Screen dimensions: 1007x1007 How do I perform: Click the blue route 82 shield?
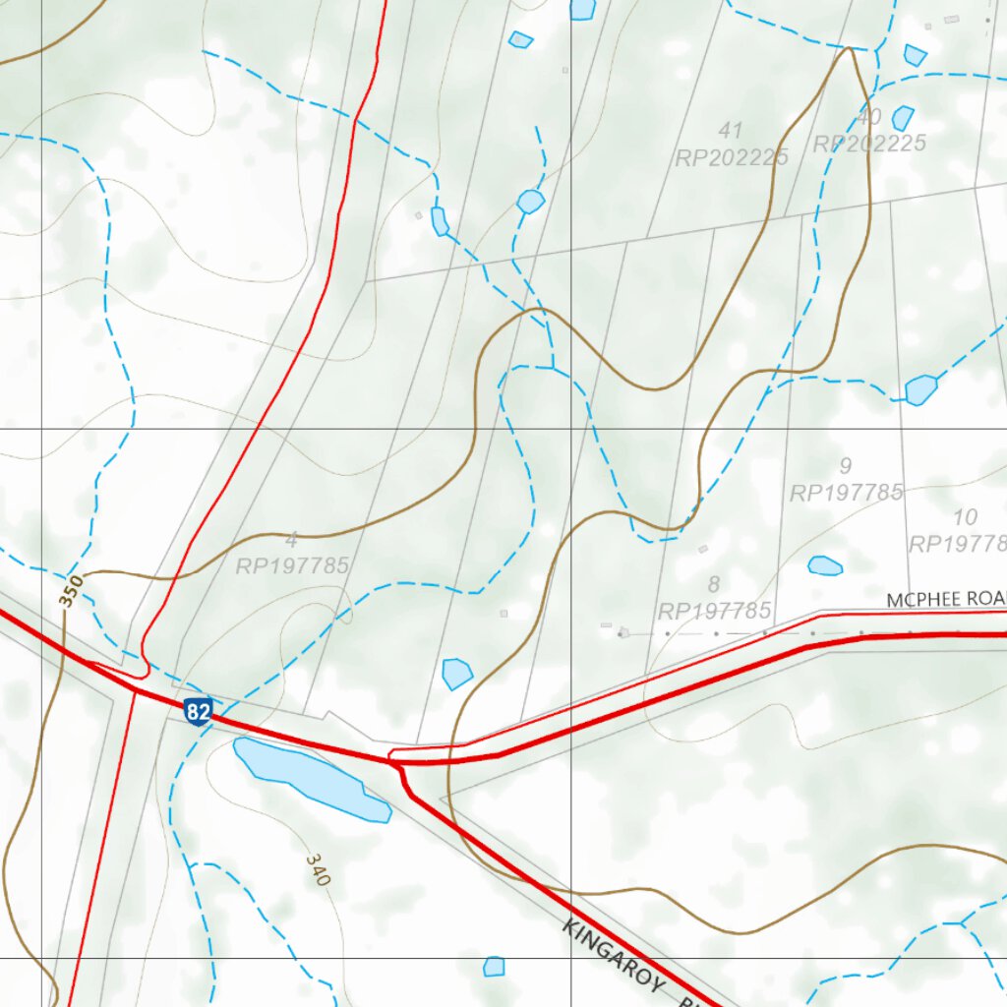(198, 711)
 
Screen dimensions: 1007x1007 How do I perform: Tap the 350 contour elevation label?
(72, 593)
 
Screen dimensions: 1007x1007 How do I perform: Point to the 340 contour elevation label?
(317, 870)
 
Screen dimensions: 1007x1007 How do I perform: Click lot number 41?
(731, 130)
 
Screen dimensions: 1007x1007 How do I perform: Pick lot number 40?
(868, 117)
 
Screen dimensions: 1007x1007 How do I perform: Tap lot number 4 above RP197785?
(291, 540)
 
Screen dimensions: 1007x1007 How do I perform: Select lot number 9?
(846, 465)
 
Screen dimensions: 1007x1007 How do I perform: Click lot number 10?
(966, 517)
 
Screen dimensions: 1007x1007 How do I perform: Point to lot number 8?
(714, 585)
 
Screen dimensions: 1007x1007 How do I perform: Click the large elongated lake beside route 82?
(309, 777)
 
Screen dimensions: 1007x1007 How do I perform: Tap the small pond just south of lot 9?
(824, 565)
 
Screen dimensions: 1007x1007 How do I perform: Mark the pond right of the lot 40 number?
(903, 118)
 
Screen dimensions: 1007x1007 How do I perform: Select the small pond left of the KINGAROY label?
(494, 967)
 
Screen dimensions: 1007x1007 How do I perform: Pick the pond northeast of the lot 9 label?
(920, 389)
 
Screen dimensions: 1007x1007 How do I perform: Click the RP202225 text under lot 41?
(732, 157)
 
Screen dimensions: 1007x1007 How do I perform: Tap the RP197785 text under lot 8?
(714, 611)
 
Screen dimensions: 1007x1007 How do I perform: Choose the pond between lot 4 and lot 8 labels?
(456, 674)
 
